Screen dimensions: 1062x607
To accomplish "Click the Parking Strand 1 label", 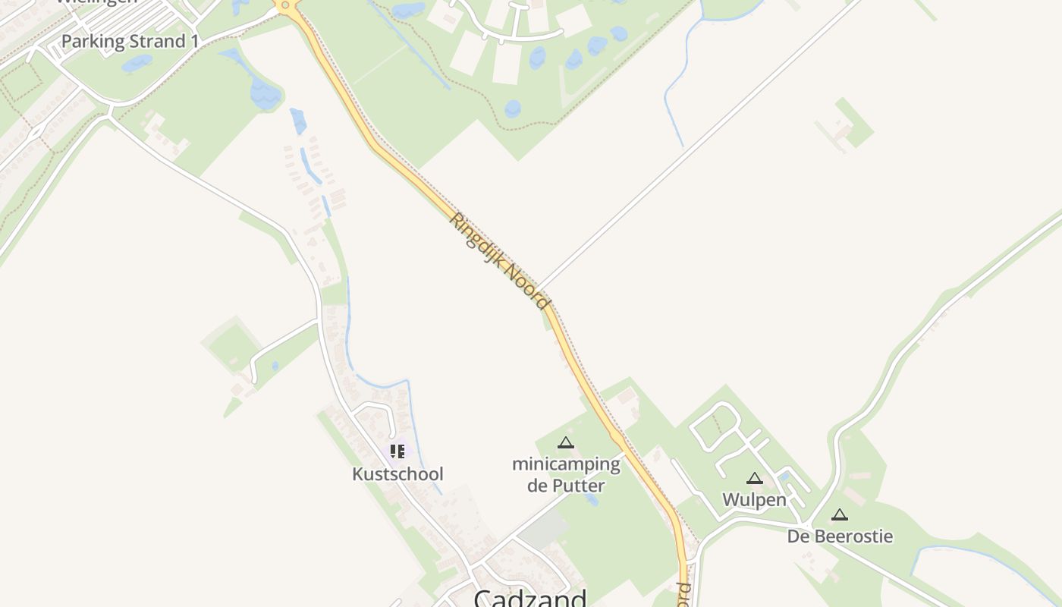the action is click(130, 42).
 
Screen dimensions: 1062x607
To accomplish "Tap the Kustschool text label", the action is click(397, 474).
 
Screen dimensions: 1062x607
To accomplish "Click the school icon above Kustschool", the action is click(397, 451).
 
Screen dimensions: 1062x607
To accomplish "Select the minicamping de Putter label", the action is click(566, 474).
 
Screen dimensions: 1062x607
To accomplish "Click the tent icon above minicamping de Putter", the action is click(566, 443).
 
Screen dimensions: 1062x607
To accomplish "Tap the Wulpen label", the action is click(754, 500).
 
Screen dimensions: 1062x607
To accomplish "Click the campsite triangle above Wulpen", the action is click(754, 478).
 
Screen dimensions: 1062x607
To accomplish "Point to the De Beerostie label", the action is click(840, 537).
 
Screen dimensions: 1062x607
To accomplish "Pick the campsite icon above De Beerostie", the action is click(840, 514).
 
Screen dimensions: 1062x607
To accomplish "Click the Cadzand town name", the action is click(530, 598).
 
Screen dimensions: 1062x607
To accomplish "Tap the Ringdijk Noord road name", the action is click(500, 261).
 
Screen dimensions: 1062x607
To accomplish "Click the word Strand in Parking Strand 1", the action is click(157, 42).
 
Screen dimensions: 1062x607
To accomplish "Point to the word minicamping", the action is click(566, 464).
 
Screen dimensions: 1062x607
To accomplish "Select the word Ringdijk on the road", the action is click(477, 237).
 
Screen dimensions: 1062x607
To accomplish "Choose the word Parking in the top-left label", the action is click(93, 42).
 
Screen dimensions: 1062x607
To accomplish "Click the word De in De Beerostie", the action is click(797, 537).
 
